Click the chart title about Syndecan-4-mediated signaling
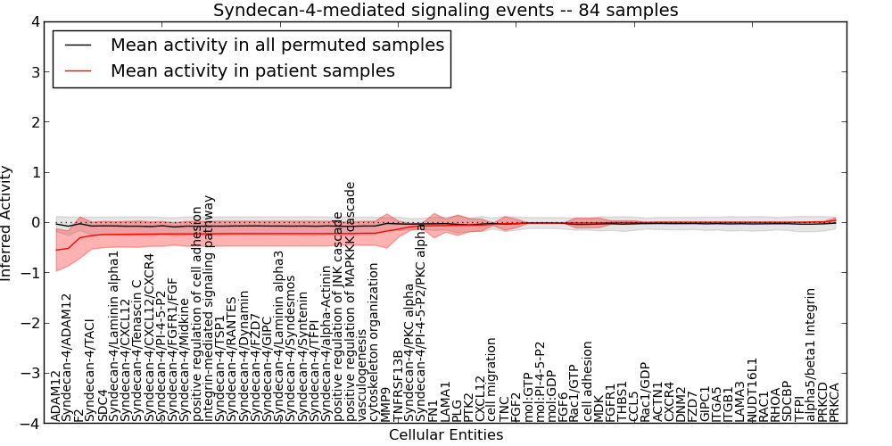point(445,10)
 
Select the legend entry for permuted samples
point(277,45)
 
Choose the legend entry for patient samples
point(252,70)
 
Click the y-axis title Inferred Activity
point(8,223)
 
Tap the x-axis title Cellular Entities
point(445,435)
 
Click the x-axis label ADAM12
point(56,397)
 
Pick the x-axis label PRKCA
point(835,401)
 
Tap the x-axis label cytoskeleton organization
point(375,356)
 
